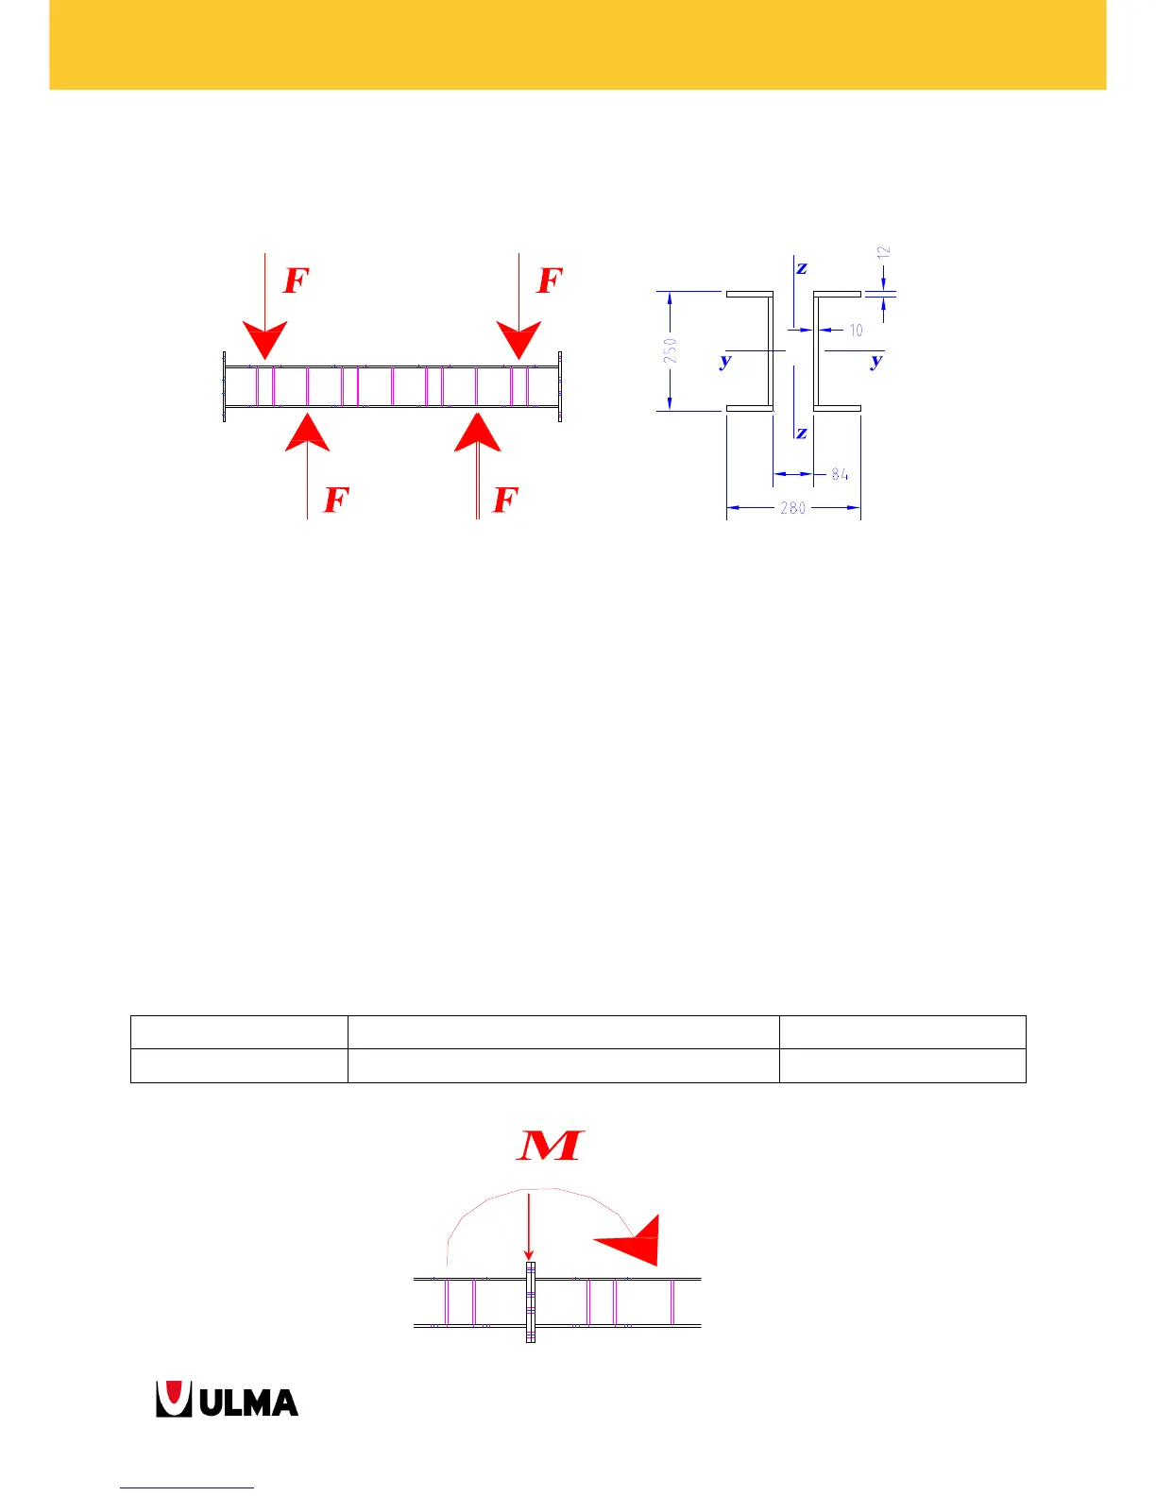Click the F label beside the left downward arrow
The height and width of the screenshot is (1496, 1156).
point(297,280)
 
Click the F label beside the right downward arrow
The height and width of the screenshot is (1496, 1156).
point(550,280)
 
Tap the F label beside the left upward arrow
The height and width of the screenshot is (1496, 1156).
point(336,500)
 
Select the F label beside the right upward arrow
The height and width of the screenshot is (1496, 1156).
point(506,500)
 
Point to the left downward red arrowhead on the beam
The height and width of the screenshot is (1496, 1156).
point(265,339)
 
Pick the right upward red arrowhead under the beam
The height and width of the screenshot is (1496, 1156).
point(478,433)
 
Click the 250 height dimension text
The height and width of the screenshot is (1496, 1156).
point(670,350)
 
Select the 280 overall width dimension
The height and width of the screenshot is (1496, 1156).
point(792,508)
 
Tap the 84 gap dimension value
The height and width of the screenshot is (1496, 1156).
point(840,474)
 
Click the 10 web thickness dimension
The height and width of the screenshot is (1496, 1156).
point(856,331)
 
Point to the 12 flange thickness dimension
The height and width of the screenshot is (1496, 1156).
point(884,253)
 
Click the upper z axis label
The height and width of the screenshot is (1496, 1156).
point(802,268)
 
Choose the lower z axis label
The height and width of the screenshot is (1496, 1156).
point(802,433)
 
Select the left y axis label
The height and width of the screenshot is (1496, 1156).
point(725,361)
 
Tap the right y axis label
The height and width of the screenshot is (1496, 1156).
point(877,361)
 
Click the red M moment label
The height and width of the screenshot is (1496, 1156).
point(551,1145)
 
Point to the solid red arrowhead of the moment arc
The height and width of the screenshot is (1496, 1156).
point(633,1241)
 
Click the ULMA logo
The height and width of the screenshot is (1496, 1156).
point(228,1400)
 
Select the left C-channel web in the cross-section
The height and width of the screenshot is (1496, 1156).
point(771,350)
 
